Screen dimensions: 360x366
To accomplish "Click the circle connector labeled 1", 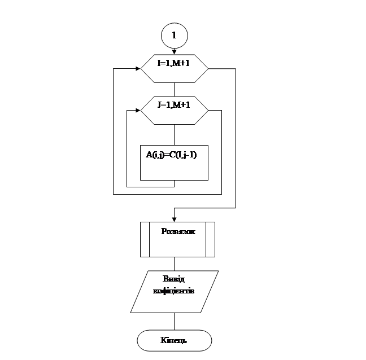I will pos(174,36).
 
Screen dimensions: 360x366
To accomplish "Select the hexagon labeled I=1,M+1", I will pos(174,68).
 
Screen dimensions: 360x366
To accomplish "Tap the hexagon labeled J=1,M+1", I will pos(174,111).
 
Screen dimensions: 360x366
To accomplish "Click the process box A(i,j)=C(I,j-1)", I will pos(174,163).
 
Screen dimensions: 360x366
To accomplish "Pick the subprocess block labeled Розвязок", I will pos(177,239).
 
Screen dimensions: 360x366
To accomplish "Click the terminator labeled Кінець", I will pos(174,340).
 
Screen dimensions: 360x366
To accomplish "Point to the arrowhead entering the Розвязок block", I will pos(174,219).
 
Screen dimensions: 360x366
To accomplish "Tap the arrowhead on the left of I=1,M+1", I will pos(137,68).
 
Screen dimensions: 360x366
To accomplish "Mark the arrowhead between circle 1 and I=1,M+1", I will pos(174,52).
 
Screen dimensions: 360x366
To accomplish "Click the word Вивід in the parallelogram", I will pos(173,280).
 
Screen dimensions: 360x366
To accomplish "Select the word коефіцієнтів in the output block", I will pos(174,292).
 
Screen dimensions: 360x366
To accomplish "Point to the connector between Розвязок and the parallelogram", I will pos(174,264).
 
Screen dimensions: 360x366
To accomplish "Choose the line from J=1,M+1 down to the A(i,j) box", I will pos(174,135).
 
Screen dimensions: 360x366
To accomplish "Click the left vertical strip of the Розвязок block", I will pos(145,239).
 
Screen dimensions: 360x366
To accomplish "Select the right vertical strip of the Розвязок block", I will pos(210,239).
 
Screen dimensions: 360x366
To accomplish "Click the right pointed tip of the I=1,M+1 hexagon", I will pos(208,68).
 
